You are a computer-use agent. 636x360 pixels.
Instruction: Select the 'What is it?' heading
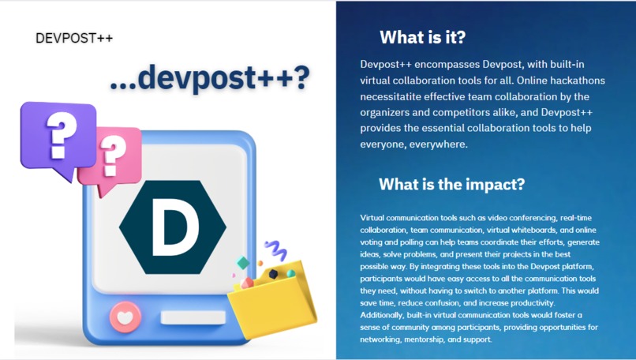click(422, 37)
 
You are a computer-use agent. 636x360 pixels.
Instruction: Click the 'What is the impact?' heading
click(451, 185)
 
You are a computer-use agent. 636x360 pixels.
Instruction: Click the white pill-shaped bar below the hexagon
click(187, 318)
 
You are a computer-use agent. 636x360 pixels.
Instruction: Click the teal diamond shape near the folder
click(243, 263)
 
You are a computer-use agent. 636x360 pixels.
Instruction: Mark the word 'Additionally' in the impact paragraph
click(382, 314)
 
